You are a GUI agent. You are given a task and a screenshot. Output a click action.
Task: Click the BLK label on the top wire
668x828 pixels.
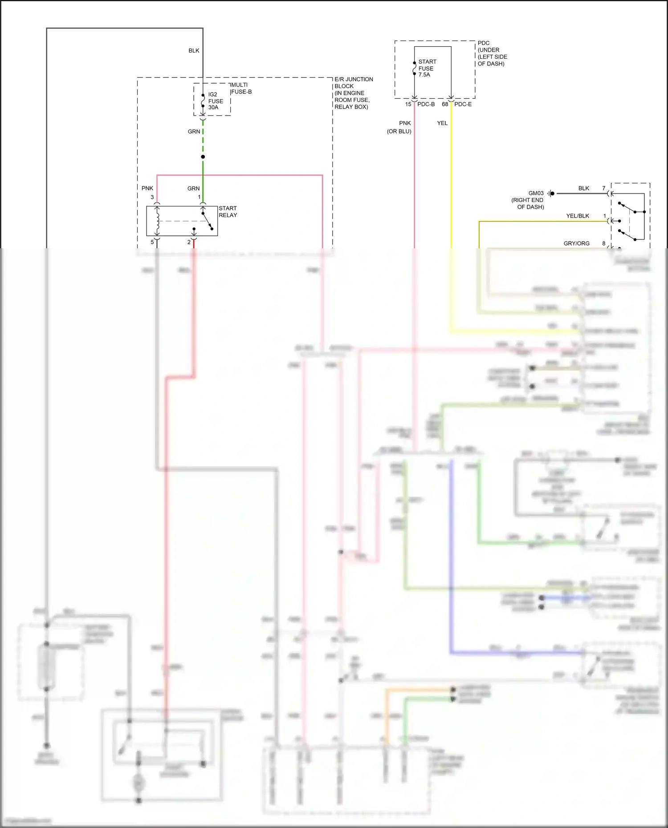(x=194, y=51)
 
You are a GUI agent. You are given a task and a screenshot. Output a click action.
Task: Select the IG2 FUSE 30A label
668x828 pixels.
(x=215, y=101)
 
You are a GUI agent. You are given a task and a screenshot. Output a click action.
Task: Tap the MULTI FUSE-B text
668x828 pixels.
(x=241, y=88)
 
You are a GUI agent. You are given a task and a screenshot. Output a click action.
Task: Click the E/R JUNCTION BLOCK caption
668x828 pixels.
(x=354, y=93)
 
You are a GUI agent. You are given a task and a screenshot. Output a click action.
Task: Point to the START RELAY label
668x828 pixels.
(x=228, y=212)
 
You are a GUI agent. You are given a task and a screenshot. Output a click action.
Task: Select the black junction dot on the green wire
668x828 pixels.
(x=203, y=157)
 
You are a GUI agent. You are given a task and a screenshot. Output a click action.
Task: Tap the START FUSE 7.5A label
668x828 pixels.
(x=427, y=68)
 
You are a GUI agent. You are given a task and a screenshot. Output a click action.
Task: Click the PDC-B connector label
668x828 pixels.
(x=426, y=104)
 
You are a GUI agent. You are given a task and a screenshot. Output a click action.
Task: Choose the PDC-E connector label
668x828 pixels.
(x=463, y=104)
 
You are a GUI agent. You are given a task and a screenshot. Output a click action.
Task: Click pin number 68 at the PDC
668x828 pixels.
(x=444, y=104)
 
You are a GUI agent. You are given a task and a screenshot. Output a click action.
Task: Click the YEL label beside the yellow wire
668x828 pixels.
(x=442, y=123)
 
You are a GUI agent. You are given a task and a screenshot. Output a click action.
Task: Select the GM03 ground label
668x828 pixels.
(x=536, y=193)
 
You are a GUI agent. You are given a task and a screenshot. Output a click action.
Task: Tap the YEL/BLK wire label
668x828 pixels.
(x=578, y=216)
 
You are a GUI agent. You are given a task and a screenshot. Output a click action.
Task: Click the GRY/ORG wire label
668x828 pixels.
(x=576, y=243)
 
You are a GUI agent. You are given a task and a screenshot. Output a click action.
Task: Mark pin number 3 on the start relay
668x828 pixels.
(x=152, y=197)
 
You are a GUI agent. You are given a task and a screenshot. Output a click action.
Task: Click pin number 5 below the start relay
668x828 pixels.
(x=152, y=242)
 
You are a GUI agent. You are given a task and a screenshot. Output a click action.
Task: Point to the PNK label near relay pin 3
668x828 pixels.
(x=147, y=188)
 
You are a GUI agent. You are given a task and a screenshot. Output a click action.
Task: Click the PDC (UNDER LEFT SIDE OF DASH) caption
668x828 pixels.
(x=492, y=53)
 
